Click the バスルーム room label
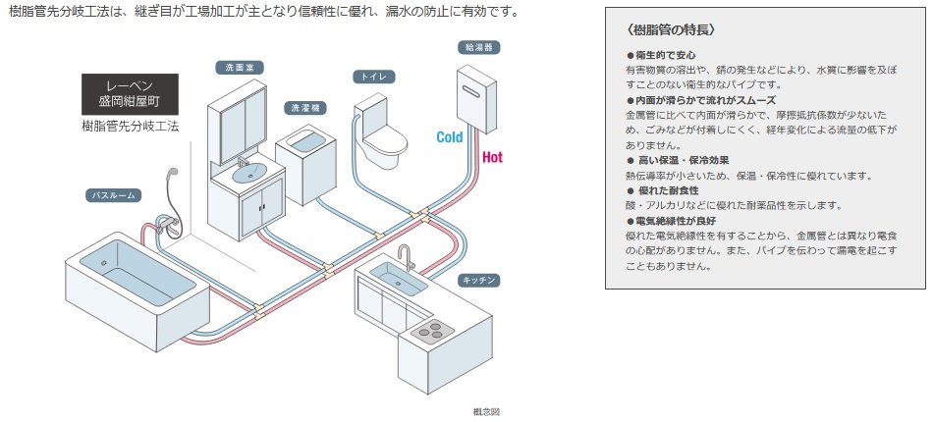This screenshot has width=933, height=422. pos(113,195)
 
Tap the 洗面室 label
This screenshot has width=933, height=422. pos(236,68)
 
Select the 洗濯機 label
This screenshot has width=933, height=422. pos(301,107)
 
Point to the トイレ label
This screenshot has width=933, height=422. pos(373,76)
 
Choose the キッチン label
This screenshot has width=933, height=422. pos(479,281)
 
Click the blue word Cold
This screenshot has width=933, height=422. pos(450,138)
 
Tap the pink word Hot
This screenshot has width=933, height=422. pos(492,156)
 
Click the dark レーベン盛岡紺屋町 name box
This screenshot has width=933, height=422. pos(130,94)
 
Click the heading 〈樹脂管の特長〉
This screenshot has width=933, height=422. pos(661,30)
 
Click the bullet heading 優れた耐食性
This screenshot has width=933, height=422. pos(671,190)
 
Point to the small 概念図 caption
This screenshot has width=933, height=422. pos(487,412)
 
